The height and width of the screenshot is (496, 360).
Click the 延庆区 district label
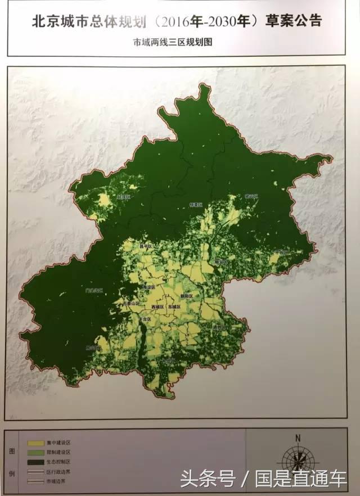point(123,197)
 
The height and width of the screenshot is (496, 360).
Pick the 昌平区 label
point(146,246)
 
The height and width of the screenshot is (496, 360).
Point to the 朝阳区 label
point(187,296)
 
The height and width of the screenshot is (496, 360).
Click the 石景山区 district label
point(130,304)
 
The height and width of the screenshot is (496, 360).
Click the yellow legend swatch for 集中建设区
point(34,443)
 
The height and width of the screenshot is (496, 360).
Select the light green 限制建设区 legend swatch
point(34,452)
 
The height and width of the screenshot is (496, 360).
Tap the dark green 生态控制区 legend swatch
point(34,461)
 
